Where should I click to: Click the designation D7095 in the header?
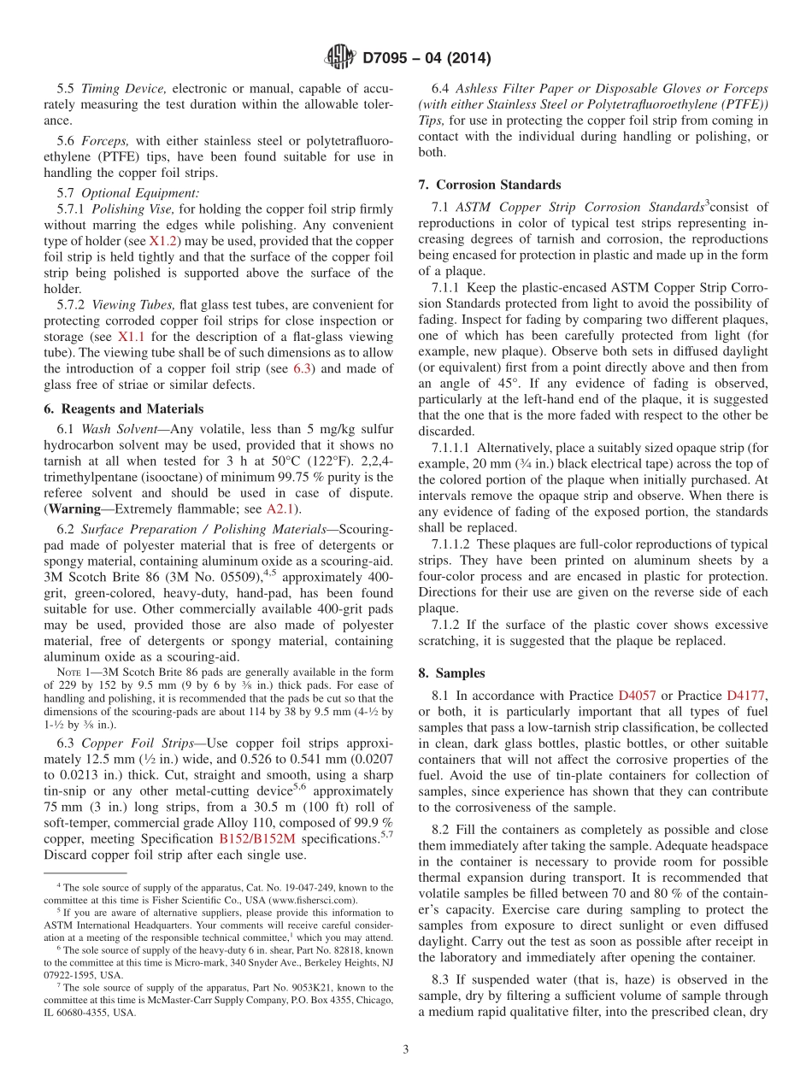pyautogui.click(x=391, y=59)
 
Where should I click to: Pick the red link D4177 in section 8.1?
pyautogui.click(x=746, y=696)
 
